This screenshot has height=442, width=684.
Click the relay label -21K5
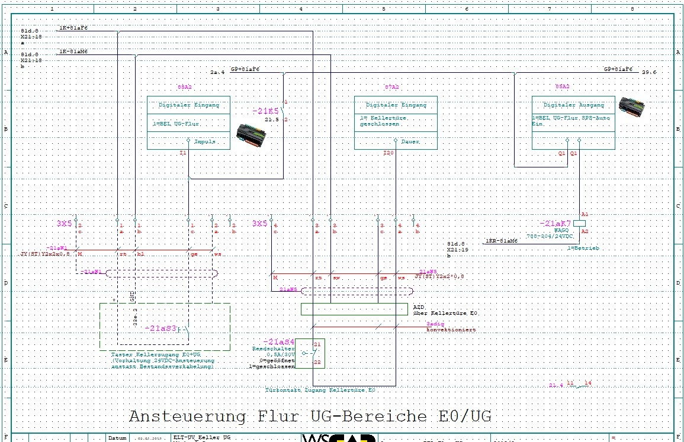pos(265,111)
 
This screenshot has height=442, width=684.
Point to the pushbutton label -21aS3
pos(160,328)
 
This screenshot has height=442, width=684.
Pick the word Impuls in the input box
pos(205,142)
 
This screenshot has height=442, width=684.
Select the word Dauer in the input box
pos(411,142)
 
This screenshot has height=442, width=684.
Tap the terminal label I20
pos(388,153)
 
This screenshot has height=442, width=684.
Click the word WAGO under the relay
pos(561,231)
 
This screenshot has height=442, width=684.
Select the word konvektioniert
pos(451,330)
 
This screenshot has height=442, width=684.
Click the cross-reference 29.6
pos(649,72)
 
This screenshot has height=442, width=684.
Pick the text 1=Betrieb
pos(583,248)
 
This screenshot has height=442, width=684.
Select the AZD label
pos(419,306)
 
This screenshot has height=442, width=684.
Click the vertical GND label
pos(131,296)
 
